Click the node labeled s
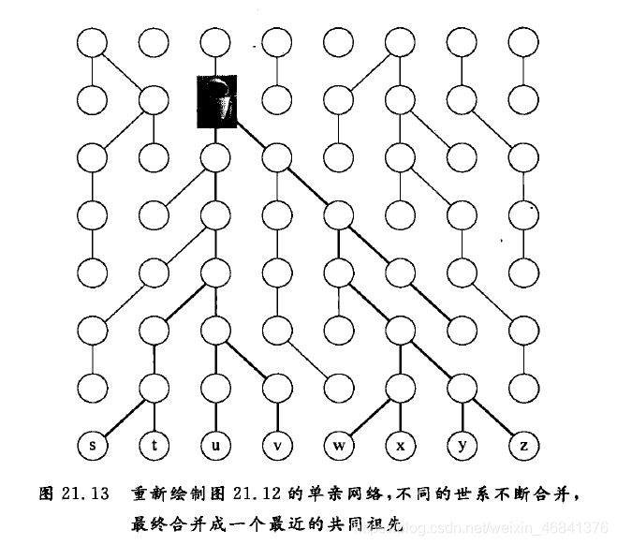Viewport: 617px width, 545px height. (x=93, y=446)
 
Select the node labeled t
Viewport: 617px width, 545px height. (x=154, y=446)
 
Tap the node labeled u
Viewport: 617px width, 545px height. (x=215, y=446)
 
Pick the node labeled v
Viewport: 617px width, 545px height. (x=277, y=446)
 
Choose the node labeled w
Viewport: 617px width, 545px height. (x=338, y=446)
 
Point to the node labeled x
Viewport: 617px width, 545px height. (x=400, y=446)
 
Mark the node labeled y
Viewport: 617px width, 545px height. (x=462, y=446)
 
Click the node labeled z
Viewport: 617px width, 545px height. (x=522, y=446)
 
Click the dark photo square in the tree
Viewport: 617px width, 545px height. (x=216, y=97)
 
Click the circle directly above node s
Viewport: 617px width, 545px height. (x=93, y=387)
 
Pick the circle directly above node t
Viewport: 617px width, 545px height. (x=154, y=387)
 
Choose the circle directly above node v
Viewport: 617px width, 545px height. (x=277, y=387)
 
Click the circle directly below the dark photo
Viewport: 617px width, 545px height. (x=215, y=155)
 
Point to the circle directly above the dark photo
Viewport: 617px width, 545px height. (x=215, y=40)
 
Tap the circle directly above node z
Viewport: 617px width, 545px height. (x=522, y=387)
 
